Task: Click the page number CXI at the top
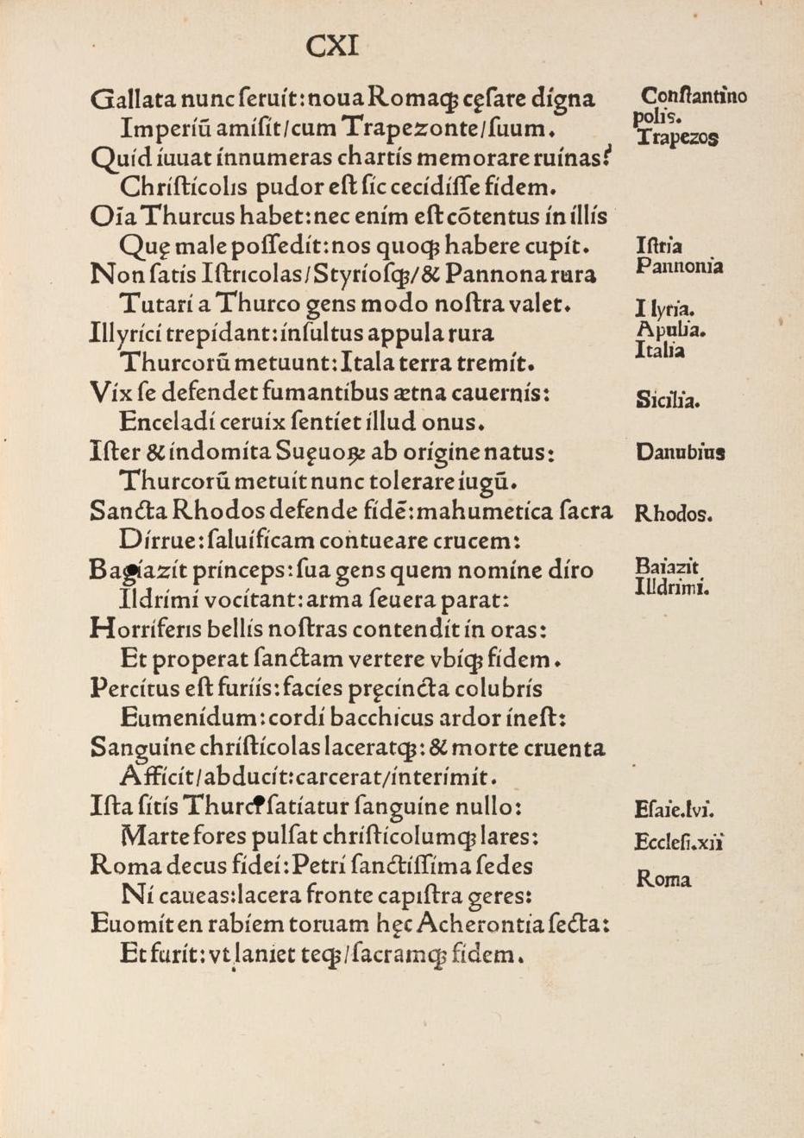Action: [x=332, y=46]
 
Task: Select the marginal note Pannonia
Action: [x=680, y=266]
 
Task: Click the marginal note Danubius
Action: [x=681, y=452]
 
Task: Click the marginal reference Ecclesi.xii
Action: [x=678, y=842]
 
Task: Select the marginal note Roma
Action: [x=663, y=880]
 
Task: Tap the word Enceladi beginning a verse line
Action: [x=162, y=422]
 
